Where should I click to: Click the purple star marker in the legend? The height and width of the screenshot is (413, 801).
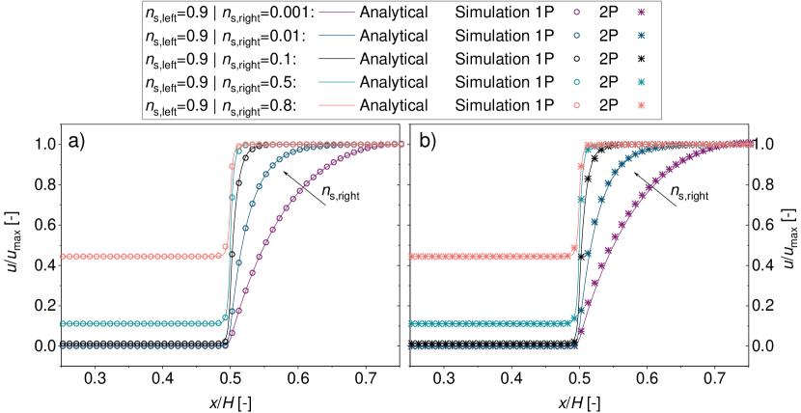pos(641,14)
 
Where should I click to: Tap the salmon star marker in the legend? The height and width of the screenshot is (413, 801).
pos(641,105)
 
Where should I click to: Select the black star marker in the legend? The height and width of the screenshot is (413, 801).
pos(641,59)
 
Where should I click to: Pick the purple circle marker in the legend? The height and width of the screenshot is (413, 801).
pos(575,14)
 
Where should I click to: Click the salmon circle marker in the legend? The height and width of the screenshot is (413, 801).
pos(575,105)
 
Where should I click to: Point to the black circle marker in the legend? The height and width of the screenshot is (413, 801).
pos(575,59)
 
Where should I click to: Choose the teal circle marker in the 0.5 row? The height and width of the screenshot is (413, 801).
pos(575,82)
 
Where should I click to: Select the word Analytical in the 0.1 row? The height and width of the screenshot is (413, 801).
pos(393,59)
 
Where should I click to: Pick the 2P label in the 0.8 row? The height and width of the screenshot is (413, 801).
pos(608,105)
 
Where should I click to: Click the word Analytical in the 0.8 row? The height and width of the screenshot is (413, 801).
pos(393,105)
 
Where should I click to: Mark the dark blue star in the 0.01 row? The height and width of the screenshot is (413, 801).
pos(641,37)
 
